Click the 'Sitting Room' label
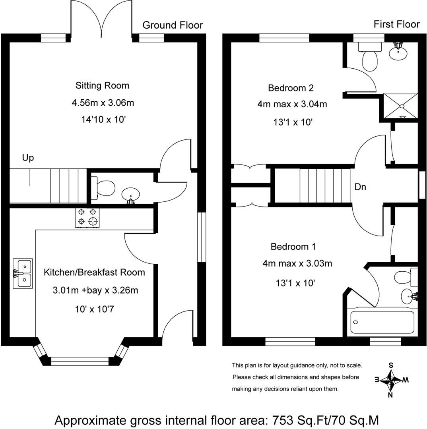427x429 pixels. point(102,85)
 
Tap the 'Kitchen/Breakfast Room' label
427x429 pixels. point(94,272)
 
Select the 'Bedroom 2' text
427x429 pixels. point(290,88)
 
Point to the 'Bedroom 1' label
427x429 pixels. point(293,247)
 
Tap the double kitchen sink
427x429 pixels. point(22,273)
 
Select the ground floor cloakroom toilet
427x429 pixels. point(103,188)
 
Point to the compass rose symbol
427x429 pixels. point(391,380)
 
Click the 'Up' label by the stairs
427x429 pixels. point(28,158)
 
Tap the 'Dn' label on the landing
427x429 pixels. point(360,187)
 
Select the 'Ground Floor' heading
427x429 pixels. point(173,25)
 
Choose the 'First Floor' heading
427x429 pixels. point(396,24)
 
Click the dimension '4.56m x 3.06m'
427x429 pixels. point(103,103)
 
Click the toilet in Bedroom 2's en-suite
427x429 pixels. point(369,58)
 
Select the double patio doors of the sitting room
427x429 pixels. point(101,20)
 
